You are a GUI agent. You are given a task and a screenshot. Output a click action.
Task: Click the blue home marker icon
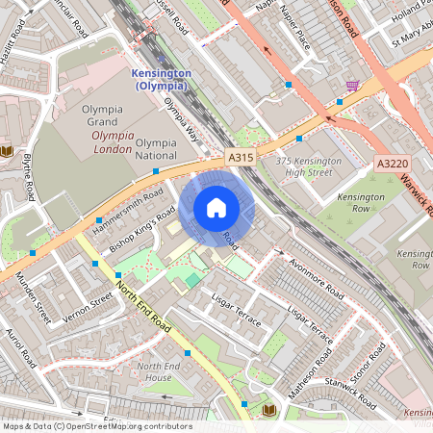coord(216,207)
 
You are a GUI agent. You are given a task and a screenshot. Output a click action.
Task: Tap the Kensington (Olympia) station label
coord(161,80)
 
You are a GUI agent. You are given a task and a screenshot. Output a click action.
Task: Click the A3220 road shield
coord(392,165)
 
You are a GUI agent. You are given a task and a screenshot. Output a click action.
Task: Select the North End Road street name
coord(143,307)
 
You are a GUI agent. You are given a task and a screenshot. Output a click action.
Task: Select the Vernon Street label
coord(89,305)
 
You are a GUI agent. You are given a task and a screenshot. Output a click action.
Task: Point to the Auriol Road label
coord(20,348)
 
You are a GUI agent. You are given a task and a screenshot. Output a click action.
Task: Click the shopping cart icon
coord(352,85)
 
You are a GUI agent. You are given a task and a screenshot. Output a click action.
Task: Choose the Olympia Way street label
coord(180,118)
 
